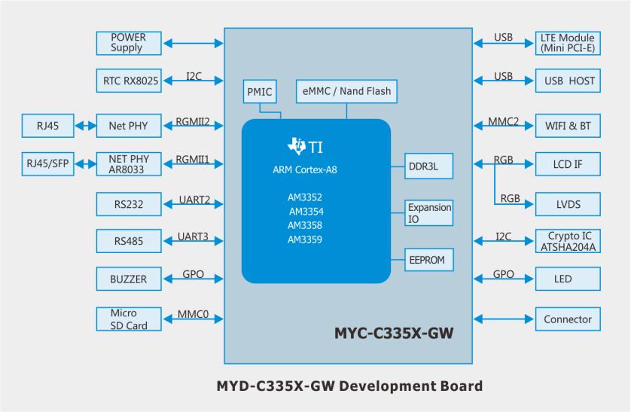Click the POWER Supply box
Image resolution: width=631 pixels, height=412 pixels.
128,43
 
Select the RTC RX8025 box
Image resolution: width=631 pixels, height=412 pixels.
128,81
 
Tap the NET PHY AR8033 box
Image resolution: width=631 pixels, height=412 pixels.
128,164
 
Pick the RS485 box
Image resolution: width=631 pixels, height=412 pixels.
128,241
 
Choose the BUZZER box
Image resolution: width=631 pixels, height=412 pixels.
128,280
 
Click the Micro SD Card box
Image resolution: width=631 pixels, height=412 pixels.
128,319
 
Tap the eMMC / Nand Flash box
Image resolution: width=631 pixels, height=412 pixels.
345,92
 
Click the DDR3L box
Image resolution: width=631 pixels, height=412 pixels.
429,166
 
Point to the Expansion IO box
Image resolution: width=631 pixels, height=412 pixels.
429,212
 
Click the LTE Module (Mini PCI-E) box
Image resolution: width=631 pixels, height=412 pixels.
568,43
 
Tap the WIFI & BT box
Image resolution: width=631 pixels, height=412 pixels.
568,125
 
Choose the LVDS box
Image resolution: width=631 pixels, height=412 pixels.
568,203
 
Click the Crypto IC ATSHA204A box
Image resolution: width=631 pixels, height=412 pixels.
568,241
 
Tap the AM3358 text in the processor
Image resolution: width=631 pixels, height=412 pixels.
305,226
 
